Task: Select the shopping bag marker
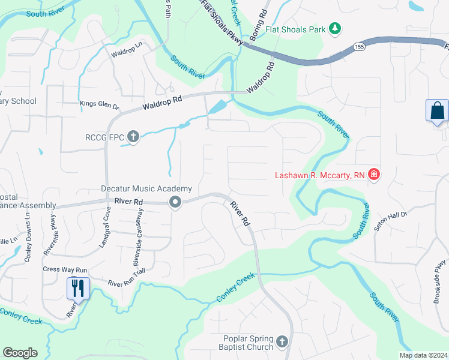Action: click(437, 111)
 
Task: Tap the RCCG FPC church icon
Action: click(133, 137)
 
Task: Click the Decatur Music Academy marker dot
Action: click(175, 202)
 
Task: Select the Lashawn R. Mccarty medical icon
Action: click(374, 175)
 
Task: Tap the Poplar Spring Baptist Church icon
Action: click(283, 343)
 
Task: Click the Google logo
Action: click(20, 353)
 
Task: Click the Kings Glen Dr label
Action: click(100, 104)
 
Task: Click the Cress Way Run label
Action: click(65, 269)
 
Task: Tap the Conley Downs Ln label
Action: click(28, 233)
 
